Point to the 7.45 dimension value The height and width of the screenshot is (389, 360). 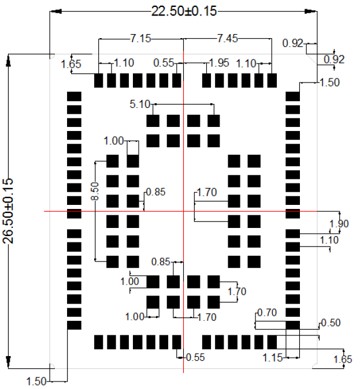coord(227,39)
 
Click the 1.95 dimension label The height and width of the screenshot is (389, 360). coord(218,62)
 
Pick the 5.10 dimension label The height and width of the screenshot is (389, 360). coord(140,104)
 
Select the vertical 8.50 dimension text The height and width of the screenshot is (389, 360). coord(95,192)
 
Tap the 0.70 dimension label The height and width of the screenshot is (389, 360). coord(268,313)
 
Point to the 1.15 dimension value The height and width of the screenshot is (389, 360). coord(272,358)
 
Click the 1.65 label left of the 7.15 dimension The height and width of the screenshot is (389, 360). coord(71,63)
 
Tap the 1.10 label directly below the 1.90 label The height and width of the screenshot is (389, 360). coord(328,239)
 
